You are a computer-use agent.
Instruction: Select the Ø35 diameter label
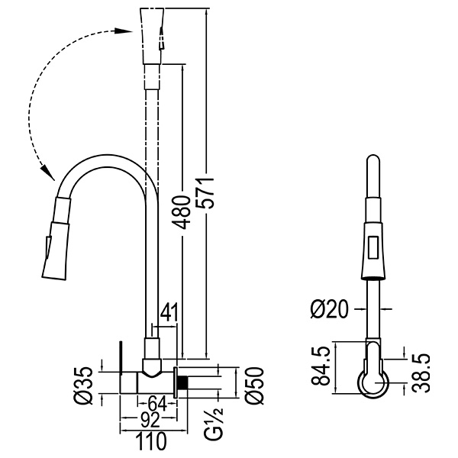point(85,381)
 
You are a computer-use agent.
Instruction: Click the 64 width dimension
point(158,403)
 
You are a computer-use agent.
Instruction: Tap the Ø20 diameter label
point(329,308)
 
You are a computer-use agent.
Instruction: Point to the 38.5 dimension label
point(421,373)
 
